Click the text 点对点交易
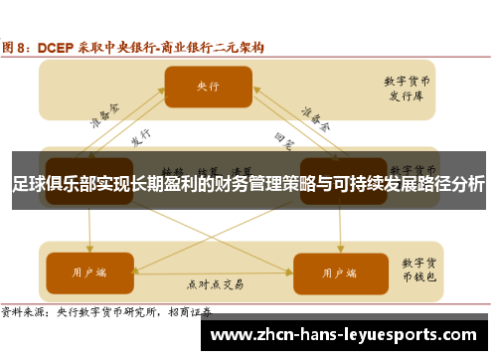(213, 284)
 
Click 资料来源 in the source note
(26, 310)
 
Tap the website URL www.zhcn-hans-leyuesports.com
(349, 335)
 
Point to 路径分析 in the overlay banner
(451, 184)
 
